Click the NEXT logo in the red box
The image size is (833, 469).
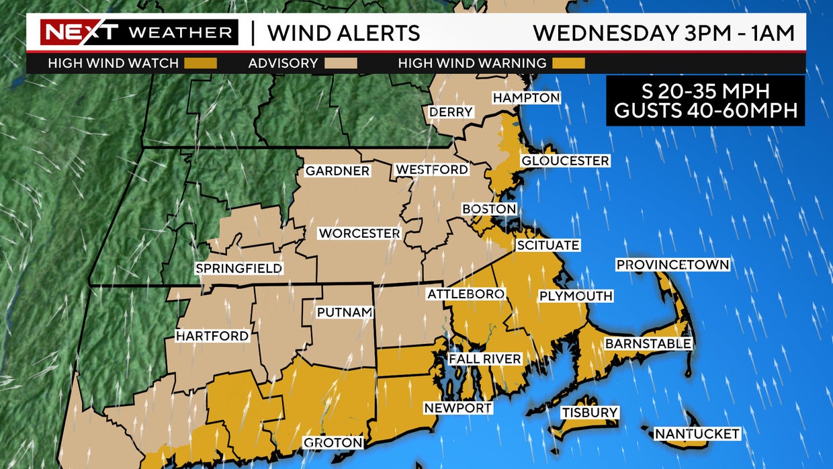(80, 32)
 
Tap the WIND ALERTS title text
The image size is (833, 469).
(343, 32)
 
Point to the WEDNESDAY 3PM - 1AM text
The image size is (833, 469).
(664, 32)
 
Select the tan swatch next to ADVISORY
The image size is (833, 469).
(341, 64)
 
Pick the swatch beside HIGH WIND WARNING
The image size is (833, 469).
(568, 64)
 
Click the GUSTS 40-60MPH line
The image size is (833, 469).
(705, 111)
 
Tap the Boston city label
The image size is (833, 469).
(489, 209)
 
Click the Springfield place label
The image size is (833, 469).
(238, 269)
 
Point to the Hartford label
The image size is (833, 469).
(212, 335)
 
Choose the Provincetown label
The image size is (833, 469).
(672, 265)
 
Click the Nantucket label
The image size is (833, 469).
(697, 434)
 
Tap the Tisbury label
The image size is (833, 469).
(590, 412)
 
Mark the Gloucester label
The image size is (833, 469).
(565, 161)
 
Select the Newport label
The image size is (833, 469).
(457, 408)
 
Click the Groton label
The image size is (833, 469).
(333, 442)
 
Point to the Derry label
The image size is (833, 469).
(451, 112)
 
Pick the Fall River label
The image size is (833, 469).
(484, 359)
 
